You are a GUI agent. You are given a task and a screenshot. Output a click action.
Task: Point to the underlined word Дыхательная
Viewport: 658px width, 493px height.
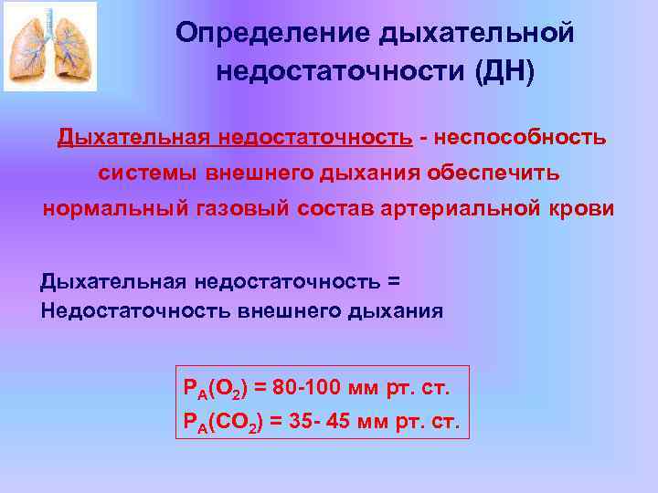click(134, 137)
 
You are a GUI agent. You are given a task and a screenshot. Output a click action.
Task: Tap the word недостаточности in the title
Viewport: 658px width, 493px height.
click(341, 71)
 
